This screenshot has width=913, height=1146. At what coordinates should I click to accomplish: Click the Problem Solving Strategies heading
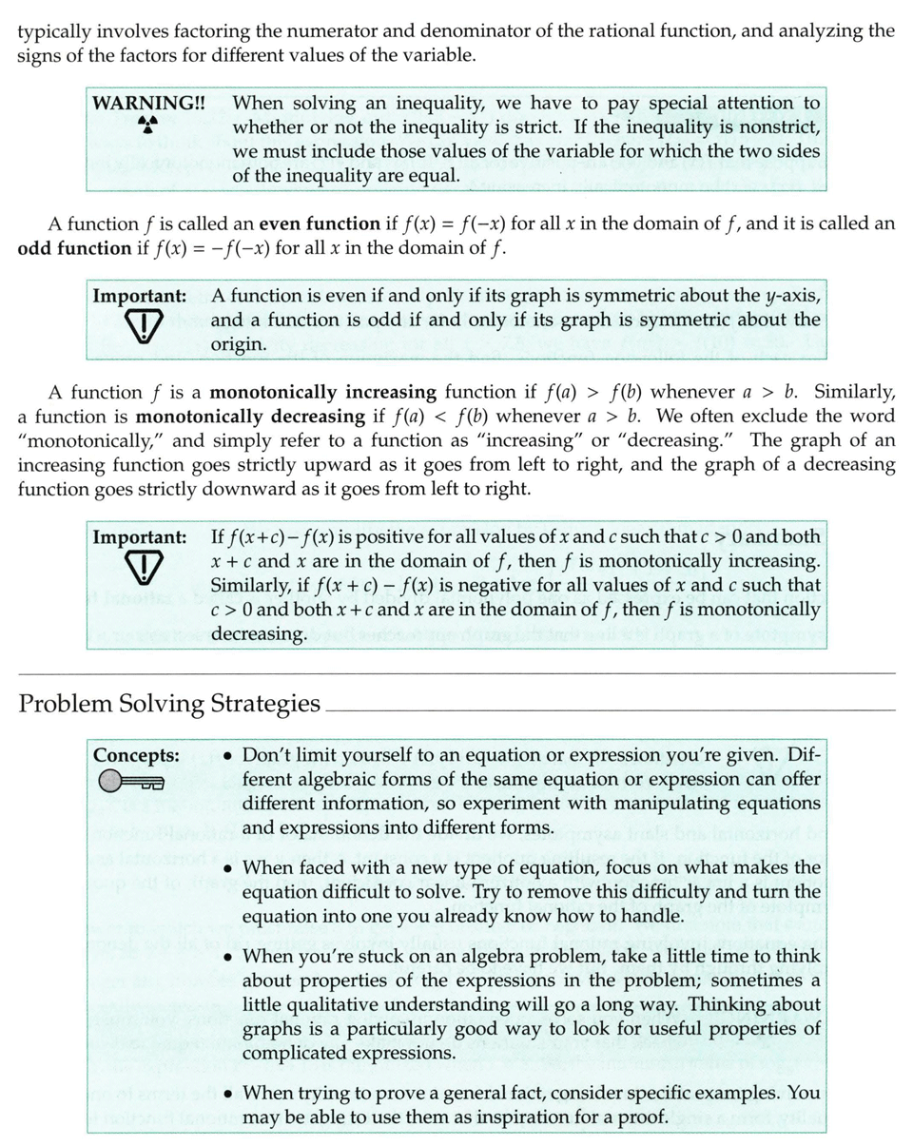168,704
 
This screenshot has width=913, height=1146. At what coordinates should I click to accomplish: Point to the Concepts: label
136,756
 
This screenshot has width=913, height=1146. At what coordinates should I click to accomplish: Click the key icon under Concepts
130,783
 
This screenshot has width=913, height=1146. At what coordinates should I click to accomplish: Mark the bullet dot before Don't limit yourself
228,757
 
